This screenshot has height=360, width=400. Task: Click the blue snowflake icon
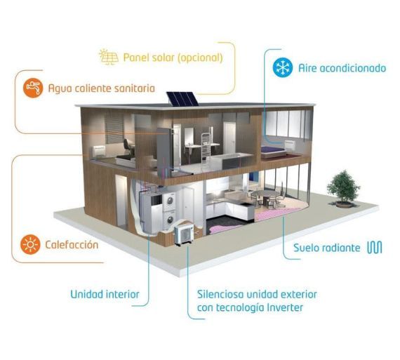283,67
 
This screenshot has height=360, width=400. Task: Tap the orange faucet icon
33,88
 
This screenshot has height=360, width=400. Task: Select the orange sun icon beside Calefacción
30,244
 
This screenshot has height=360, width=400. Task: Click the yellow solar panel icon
109,57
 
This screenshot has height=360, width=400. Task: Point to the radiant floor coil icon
375,248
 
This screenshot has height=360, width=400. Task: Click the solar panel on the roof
182,99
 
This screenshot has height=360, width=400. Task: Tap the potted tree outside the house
343,189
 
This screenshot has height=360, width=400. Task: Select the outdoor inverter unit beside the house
184,232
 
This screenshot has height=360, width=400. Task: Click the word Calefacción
72,245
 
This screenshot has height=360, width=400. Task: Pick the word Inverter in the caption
284,307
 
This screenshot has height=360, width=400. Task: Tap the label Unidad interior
105,294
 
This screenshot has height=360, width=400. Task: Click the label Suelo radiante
327,248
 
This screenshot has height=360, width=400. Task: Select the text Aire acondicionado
342,68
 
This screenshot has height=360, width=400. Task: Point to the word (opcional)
200,58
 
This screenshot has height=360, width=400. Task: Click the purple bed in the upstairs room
273,151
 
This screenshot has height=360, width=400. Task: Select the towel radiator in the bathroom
206,145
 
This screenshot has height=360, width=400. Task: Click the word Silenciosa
220,294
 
